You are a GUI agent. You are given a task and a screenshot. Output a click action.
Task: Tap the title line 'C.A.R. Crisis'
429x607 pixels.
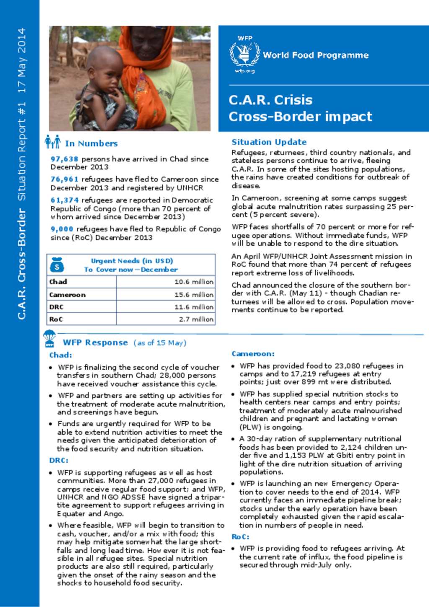click(x=270, y=100)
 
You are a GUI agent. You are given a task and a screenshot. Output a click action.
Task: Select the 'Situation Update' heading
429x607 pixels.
click(x=269, y=142)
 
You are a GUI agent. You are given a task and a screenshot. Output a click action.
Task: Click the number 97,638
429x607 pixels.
click(x=65, y=159)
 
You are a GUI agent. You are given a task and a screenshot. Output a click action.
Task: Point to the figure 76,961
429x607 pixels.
click(x=65, y=179)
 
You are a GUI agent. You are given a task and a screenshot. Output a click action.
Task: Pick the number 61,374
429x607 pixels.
click(x=65, y=200)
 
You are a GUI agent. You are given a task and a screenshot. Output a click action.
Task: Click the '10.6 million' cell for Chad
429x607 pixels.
click(x=194, y=282)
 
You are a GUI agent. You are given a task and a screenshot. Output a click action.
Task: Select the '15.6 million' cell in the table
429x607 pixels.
click(x=194, y=295)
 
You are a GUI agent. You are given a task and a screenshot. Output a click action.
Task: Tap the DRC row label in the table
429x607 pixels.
click(x=57, y=307)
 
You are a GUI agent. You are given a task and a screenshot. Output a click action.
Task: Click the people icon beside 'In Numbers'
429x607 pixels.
click(x=53, y=142)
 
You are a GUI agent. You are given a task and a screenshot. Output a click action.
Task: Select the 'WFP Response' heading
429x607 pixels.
click(x=95, y=343)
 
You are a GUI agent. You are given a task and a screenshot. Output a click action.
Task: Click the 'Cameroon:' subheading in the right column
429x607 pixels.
click(x=253, y=354)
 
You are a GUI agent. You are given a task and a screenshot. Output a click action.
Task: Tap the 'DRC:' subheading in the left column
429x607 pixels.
click(x=59, y=460)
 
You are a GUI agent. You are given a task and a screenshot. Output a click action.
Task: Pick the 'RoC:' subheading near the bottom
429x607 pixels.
click(x=240, y=537)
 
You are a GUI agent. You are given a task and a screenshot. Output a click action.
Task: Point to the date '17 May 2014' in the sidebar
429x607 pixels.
click(x=22, y=60)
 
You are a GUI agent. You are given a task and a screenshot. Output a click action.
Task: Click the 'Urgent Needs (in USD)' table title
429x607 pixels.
click(x=132, y=261)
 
